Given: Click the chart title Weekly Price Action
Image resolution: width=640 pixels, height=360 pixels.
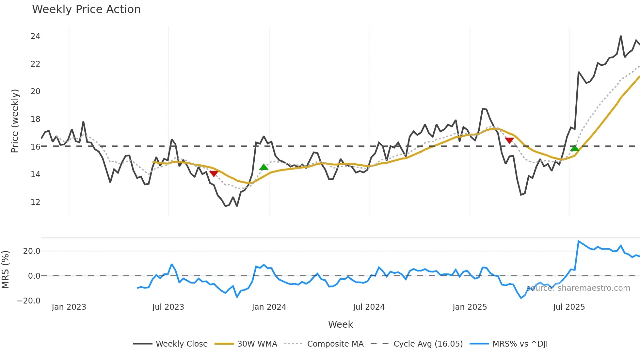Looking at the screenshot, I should (86, 9).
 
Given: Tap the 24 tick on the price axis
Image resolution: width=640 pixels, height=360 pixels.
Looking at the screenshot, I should (35, 36).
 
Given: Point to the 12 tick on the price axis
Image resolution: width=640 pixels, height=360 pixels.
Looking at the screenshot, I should (35, 202).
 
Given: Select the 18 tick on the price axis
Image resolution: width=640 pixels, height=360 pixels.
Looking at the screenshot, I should (35, 119).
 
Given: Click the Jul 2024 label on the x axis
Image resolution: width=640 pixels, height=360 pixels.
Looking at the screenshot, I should (369, 307).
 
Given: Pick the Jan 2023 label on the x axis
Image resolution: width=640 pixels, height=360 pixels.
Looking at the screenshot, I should (69, 307).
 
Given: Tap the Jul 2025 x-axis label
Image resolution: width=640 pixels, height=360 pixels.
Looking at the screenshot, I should (569, 307).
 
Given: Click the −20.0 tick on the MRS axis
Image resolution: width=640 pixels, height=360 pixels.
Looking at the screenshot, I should (29, 301).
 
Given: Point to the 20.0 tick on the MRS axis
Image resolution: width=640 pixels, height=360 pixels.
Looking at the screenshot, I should (32, 251).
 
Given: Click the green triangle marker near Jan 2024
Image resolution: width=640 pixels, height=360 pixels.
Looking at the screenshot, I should (264, 167).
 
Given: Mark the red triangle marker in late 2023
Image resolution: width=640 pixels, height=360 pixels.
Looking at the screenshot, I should (214, 173).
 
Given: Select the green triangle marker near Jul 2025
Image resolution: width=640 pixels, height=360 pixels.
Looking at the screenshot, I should (575, 148).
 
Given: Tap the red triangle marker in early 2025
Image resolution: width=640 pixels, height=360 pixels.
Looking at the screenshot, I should (509, 140).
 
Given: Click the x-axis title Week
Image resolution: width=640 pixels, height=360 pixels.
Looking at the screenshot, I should (340, 324).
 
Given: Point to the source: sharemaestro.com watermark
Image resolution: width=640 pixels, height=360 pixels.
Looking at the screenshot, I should (578, 288).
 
